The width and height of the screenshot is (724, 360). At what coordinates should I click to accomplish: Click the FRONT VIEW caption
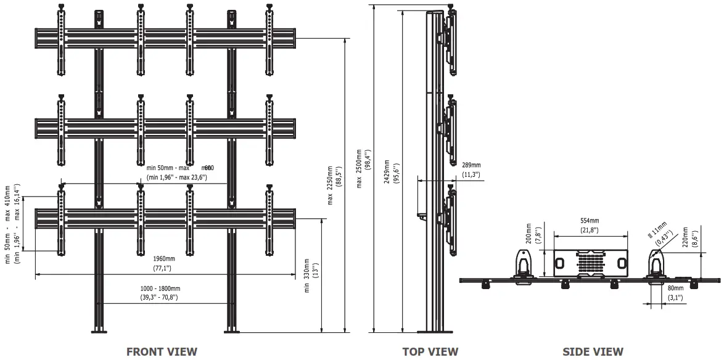coord(162,351)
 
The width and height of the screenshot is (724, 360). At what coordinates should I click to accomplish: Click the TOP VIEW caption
coord(430,351)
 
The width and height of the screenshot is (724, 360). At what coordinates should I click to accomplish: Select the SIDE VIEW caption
coord(593,351)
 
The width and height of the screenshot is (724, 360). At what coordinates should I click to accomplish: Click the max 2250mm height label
coord(330,186)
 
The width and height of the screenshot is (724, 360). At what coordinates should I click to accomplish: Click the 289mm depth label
coord(471,165)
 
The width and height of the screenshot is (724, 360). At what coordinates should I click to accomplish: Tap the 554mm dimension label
coord(590,220)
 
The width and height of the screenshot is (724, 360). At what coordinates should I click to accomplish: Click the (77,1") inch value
coord(162,268)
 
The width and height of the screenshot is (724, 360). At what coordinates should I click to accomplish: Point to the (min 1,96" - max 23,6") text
coord(176,178)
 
